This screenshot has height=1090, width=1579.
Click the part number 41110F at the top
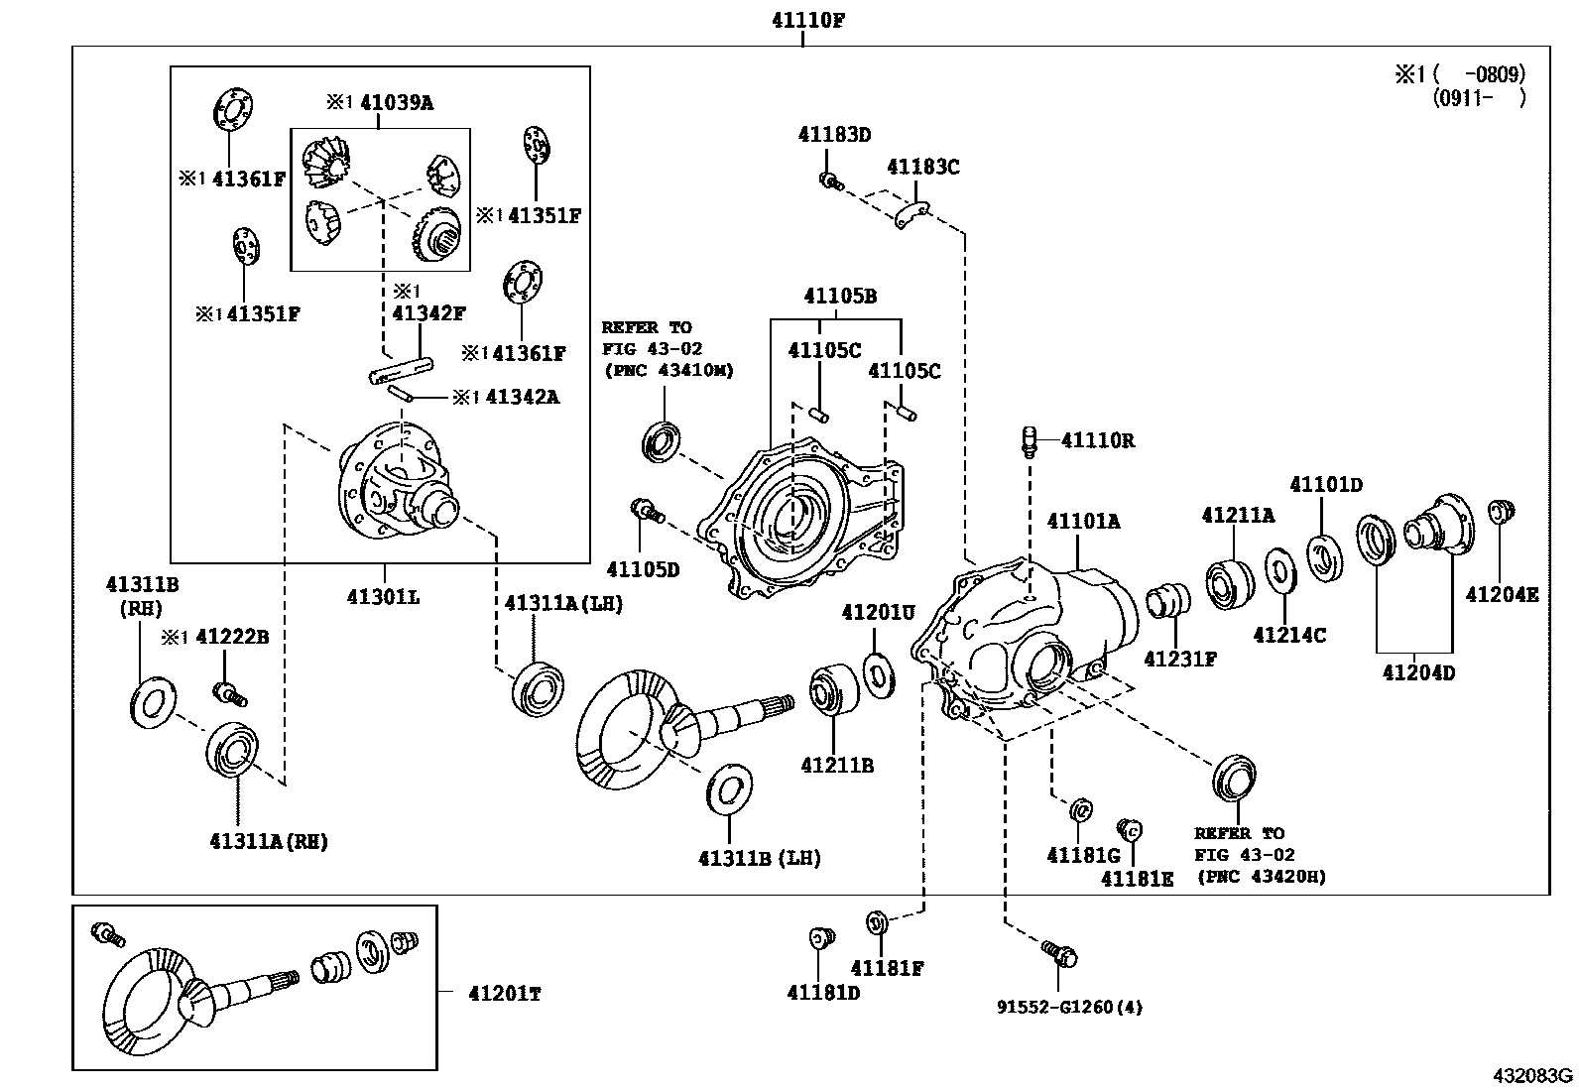click(808, 20)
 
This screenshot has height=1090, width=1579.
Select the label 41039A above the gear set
click(396, 102)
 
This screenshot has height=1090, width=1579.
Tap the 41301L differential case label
click(383, 597)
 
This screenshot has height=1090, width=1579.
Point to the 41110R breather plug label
click(1097, 440)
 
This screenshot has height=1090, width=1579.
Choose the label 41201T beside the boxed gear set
click(505, 994)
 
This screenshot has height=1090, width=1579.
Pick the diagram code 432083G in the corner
click(1533, 1076)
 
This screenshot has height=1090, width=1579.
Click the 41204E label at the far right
click(1502, 595)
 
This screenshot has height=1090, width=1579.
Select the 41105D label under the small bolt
click(643, 570)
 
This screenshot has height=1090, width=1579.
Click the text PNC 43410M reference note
click(668, 370)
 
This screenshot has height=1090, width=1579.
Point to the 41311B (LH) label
click(759, 858)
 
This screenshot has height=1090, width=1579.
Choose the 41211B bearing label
click(837, 766)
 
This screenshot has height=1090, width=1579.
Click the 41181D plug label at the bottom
click(823, 992)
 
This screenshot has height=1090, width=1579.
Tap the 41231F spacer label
click(1179, 659)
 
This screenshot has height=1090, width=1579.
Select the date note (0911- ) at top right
click(1478, 97)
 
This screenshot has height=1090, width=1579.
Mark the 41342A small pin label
click(519, 397)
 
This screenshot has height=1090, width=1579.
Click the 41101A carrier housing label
click(1083, 521)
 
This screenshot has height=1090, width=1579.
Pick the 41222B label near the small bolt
click(232, 637)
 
